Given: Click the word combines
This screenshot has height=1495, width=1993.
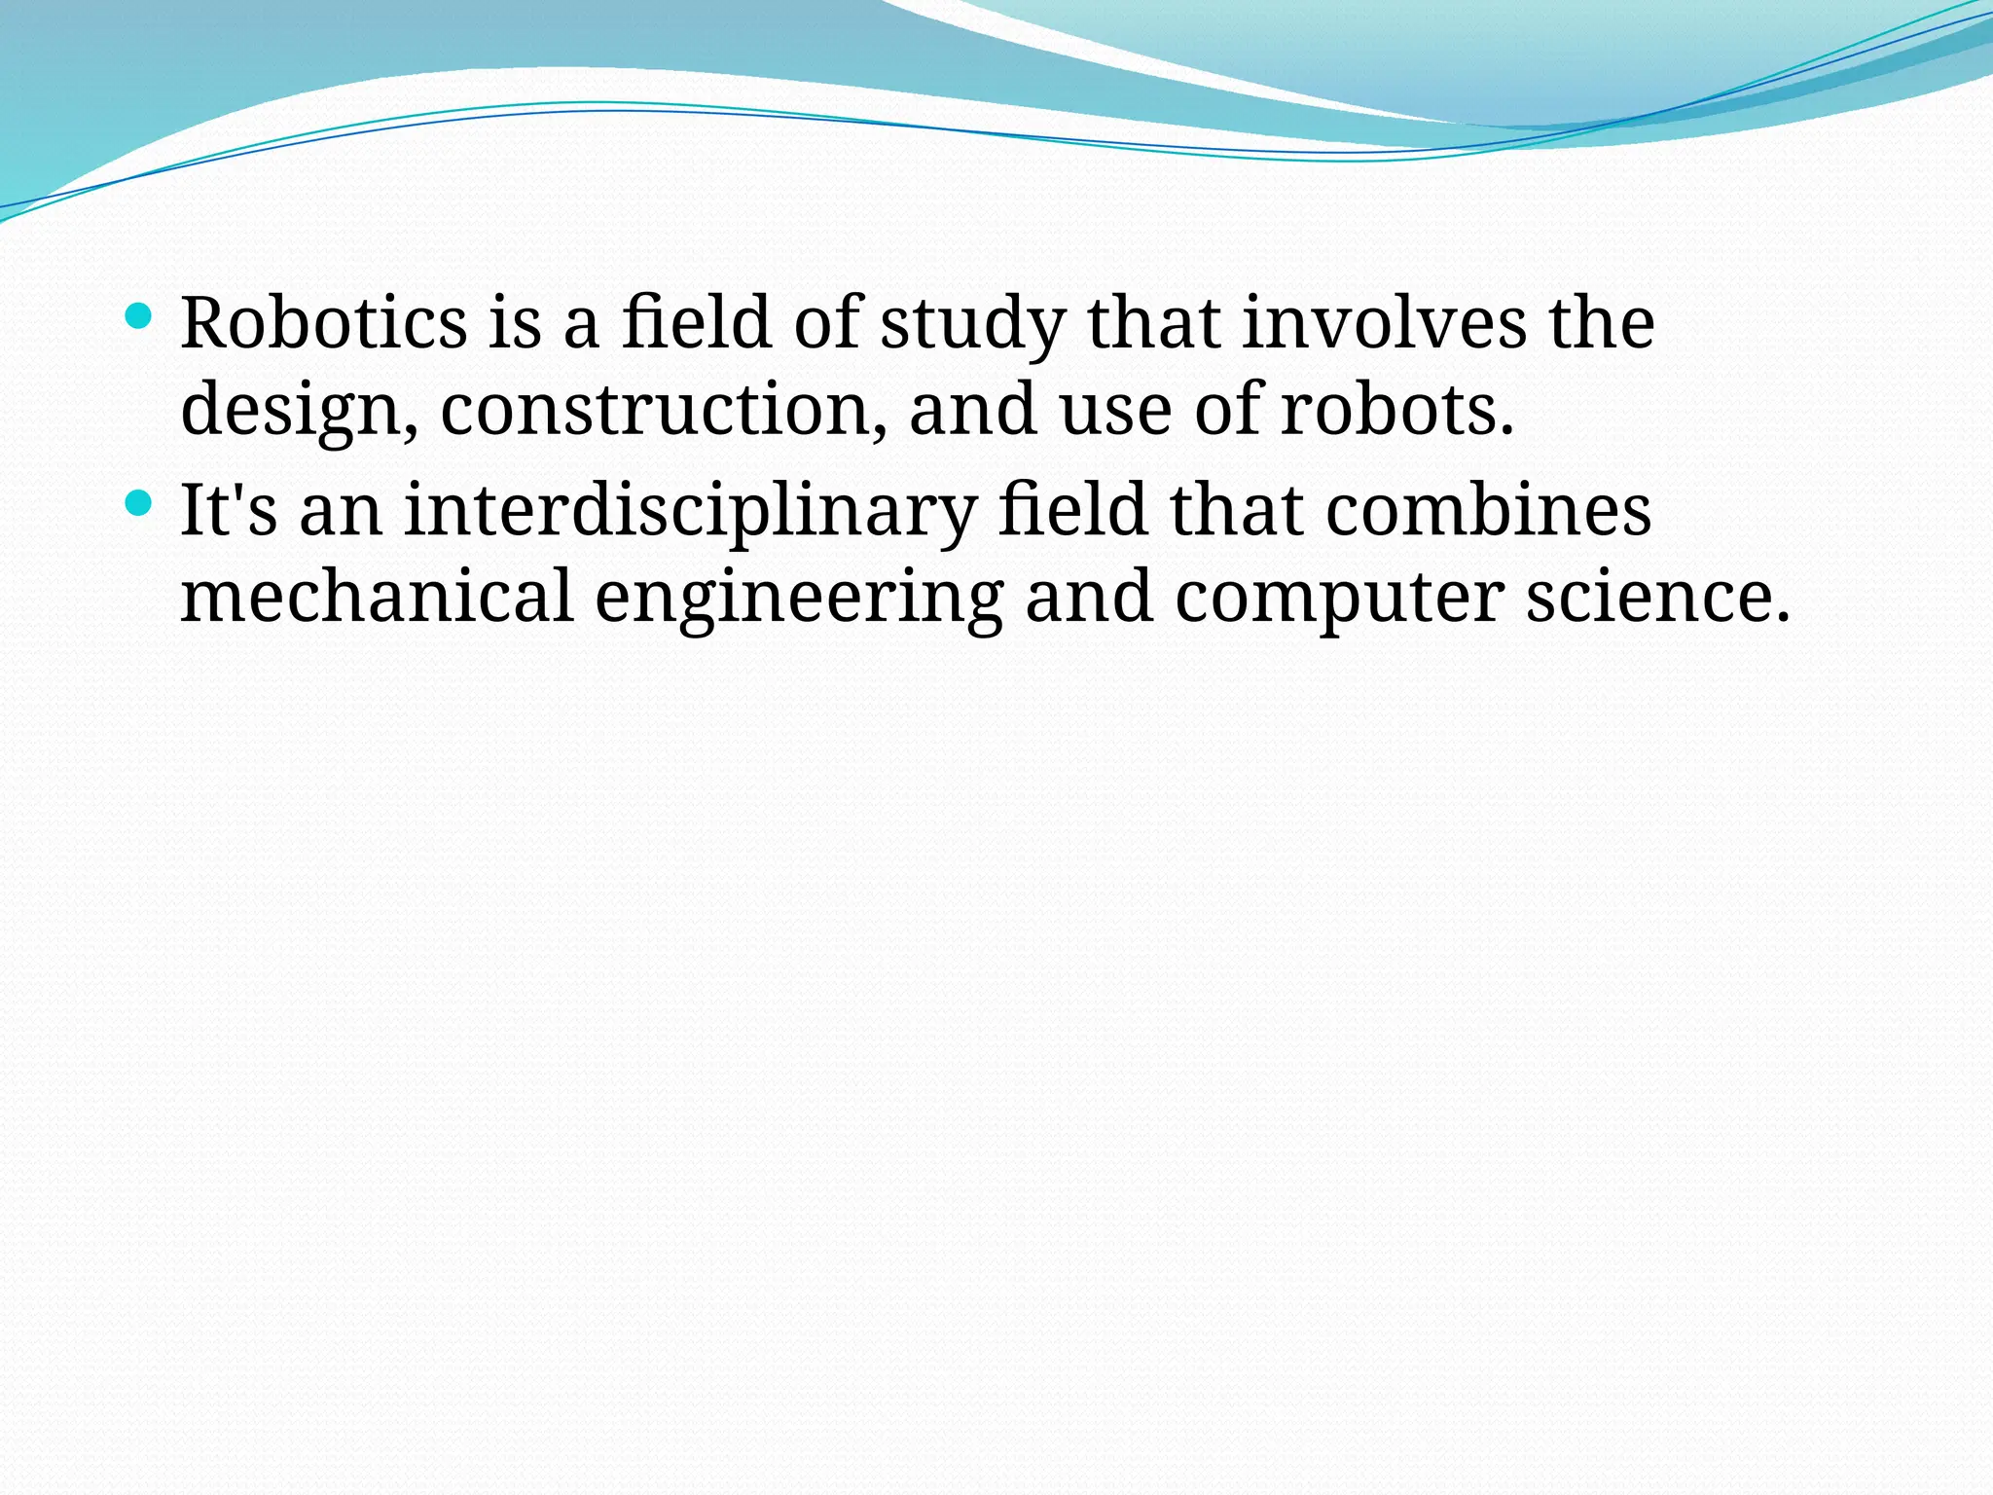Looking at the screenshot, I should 1489,510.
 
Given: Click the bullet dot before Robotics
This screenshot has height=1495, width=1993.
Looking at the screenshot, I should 139,315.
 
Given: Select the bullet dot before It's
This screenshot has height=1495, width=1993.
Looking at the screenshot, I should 139,502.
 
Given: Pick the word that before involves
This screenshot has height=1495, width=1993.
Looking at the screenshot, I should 1154,323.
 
